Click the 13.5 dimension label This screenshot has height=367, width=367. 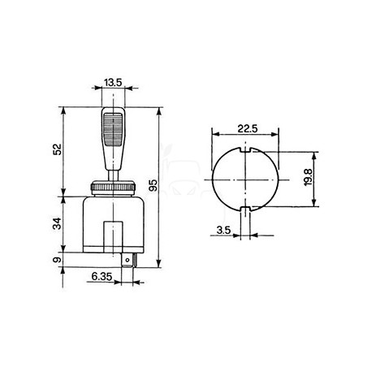pos(113,82)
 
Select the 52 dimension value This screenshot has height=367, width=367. pos(57,149)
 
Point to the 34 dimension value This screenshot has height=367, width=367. pos(57,223)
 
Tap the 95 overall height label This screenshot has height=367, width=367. pos(153,186)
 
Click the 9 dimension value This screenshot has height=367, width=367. pos(57,260)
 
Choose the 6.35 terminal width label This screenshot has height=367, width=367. pos(101,276)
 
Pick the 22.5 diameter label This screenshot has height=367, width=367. pos(248,128)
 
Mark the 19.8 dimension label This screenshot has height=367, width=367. pos(308,177)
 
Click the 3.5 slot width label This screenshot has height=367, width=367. pos(223,230)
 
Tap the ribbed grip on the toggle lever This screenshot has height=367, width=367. pos(113,130)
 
